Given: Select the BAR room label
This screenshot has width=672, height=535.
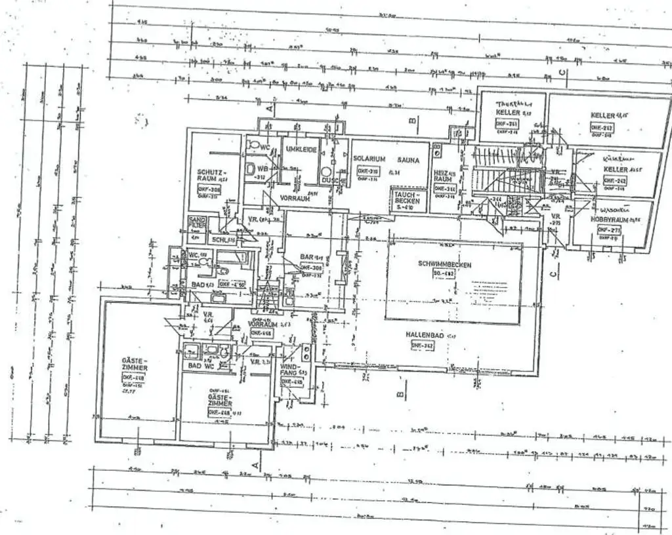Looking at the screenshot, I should point(306,256).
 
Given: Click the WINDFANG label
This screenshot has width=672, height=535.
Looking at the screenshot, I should point(289,370).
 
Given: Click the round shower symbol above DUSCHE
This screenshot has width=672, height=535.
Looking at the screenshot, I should point(326,172).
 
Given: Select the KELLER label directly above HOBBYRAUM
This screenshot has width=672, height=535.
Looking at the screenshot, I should point(615,169).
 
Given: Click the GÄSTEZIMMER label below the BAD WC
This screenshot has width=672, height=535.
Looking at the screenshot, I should point(219,401).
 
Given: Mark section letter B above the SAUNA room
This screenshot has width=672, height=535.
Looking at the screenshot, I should point(412,121).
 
